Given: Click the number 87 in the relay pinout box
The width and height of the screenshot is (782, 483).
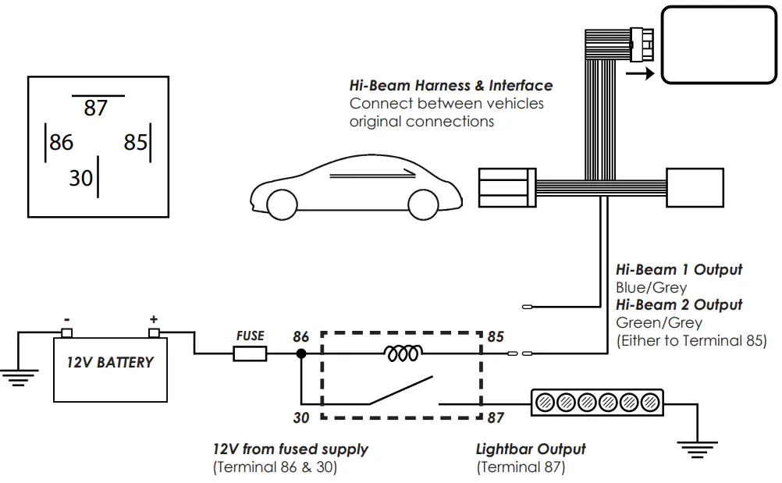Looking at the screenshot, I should [x=95, y=108].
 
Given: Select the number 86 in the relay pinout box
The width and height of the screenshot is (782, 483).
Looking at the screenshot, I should [x=61, y=142].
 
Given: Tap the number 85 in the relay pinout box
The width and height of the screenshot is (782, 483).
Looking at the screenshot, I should [x=135, y=142].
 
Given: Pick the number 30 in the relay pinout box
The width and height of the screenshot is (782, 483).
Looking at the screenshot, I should [x=80, y=178].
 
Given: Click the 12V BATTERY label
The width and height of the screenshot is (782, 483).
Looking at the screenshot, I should [x=109, y=363].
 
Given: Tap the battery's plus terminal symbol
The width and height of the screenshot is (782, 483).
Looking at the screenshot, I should [x=153, y=319].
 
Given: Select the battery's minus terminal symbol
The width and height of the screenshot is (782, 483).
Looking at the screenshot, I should [x=67, y=319].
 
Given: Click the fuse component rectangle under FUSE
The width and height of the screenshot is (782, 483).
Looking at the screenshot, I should [x=250, y=354].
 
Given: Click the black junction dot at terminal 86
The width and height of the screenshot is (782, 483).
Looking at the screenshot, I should [x=300, y=354].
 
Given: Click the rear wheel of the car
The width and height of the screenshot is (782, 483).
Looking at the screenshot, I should [x=283, y=204].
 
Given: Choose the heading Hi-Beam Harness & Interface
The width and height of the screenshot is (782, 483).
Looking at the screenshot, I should [x=451, y=86].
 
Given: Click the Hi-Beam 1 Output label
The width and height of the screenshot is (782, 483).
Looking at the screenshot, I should [x=679, y=270].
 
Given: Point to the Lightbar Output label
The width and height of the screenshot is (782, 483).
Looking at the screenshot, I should [x=531, y=449].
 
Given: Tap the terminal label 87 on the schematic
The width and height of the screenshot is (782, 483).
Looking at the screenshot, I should [x=496, y=417].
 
